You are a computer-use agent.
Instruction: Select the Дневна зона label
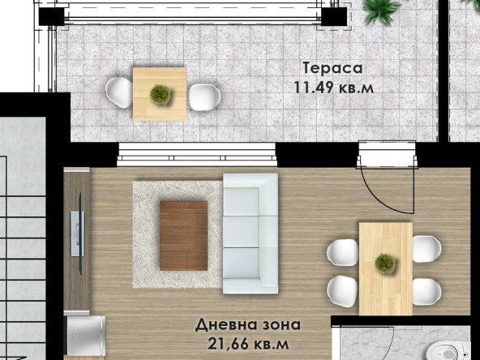click(248, 325)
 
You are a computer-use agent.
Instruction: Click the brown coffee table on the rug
click(183, 235)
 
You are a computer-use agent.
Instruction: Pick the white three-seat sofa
click(250, 233)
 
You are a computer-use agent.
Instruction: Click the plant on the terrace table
click(161, 94)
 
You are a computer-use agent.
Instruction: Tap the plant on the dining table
click(385, 263)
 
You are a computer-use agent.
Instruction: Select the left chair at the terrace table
click(119, 92)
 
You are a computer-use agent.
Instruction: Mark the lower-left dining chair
click(343, 289)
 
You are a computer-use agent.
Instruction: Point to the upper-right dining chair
click(426, 248)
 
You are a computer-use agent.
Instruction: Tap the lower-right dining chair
click(426, 289)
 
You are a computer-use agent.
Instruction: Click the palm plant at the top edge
click(381, 10)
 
